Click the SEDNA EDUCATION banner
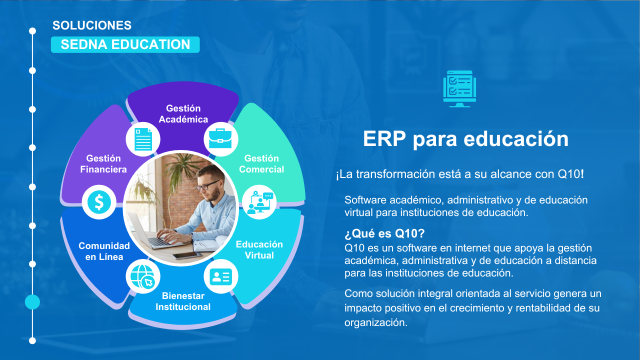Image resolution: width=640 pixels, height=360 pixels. [x=125, y=44]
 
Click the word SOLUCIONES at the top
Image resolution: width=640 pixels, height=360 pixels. [x=92, y=25]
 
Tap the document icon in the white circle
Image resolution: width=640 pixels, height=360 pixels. [x=143, y=139]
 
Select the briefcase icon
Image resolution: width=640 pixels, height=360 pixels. [x=220, y=139]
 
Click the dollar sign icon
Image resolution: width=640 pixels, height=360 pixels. [x=99, y=202]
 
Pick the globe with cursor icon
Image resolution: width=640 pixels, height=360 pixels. [x=143, y=276]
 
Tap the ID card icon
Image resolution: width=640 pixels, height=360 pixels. [x=220, y=276]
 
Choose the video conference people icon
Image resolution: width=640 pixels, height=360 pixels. [x=259, y=202]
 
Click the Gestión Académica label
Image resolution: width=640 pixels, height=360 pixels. [x=183, y=113]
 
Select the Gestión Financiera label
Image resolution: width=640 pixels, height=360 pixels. [x=103, y=163]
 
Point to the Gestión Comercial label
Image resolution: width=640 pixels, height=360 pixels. [x=261, y=163]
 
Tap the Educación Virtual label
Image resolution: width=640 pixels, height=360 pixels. [x=259, y=249]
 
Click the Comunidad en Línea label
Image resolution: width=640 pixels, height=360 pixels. [x=104, y=251]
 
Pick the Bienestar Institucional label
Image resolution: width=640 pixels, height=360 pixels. [x=183, y=301]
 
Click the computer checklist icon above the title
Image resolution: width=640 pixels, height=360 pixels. [x=459, y=89]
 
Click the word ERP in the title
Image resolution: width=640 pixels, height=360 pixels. [x=384, y=139]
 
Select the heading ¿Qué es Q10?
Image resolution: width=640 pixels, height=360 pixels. [x=384, y=233]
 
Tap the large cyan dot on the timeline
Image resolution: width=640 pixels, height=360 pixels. [x=32, y=302]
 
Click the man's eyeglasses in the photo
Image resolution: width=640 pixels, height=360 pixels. [x=207, y=185]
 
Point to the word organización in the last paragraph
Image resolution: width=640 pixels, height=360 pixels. [x=375, y=323]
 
